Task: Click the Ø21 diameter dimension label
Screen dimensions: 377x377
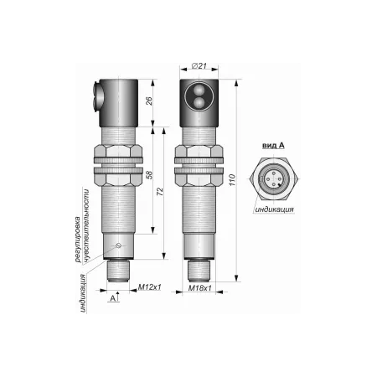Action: pyautogui.click(x=199, y=66)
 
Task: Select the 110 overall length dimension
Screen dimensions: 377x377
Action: pyautogui.click(x=232, y=180)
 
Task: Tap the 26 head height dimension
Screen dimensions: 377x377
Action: pyautogui.click(x=149, y=101)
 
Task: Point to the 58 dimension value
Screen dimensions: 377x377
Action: pyautogui.click(x=150, y=175)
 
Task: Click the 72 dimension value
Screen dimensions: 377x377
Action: pyautogui.click(x=160, y=192)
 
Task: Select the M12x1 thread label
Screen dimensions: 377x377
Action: pyautogui.click(x=150, y=287)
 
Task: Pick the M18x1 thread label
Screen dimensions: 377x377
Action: pyautogui.click(x=199, y=288)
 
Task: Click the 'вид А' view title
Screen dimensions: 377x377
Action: pyautogui.click(x=273, y=145)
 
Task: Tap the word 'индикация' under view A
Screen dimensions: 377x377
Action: pyautogui.click(x=274, y=209)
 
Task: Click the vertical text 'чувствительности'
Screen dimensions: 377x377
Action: pyautogui.click(x=87, y=225)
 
